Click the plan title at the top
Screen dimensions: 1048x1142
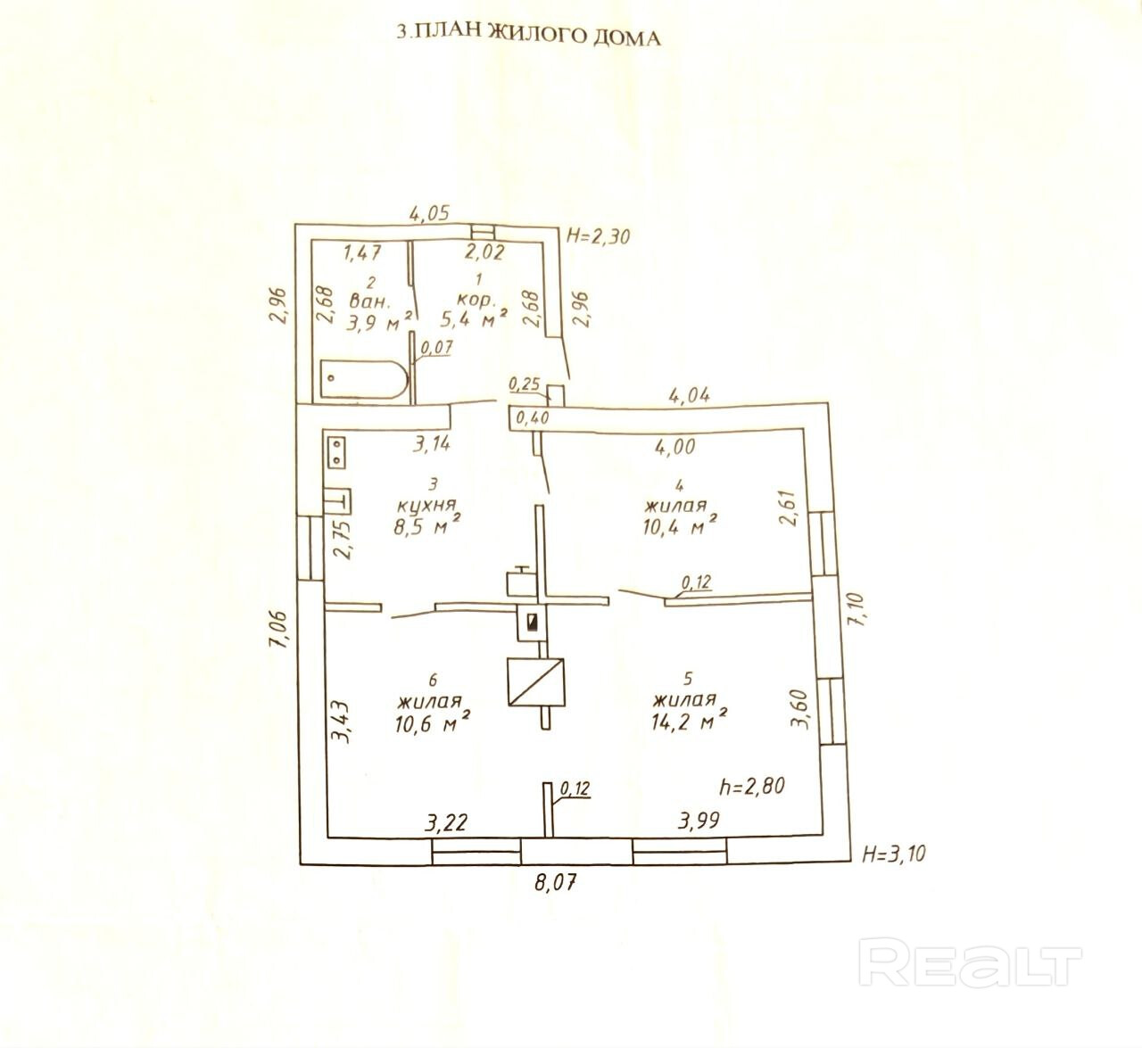tap(528, 36)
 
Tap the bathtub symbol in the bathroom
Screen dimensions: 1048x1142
tap(362, 380)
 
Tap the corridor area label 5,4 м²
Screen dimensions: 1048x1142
tap(475, 318)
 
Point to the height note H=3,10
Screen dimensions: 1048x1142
tap(894, 854)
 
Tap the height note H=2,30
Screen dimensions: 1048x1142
tap(599, 236)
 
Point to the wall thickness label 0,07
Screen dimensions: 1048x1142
tap(436, 348)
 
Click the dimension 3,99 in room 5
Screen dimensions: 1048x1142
tap(699, 821)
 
